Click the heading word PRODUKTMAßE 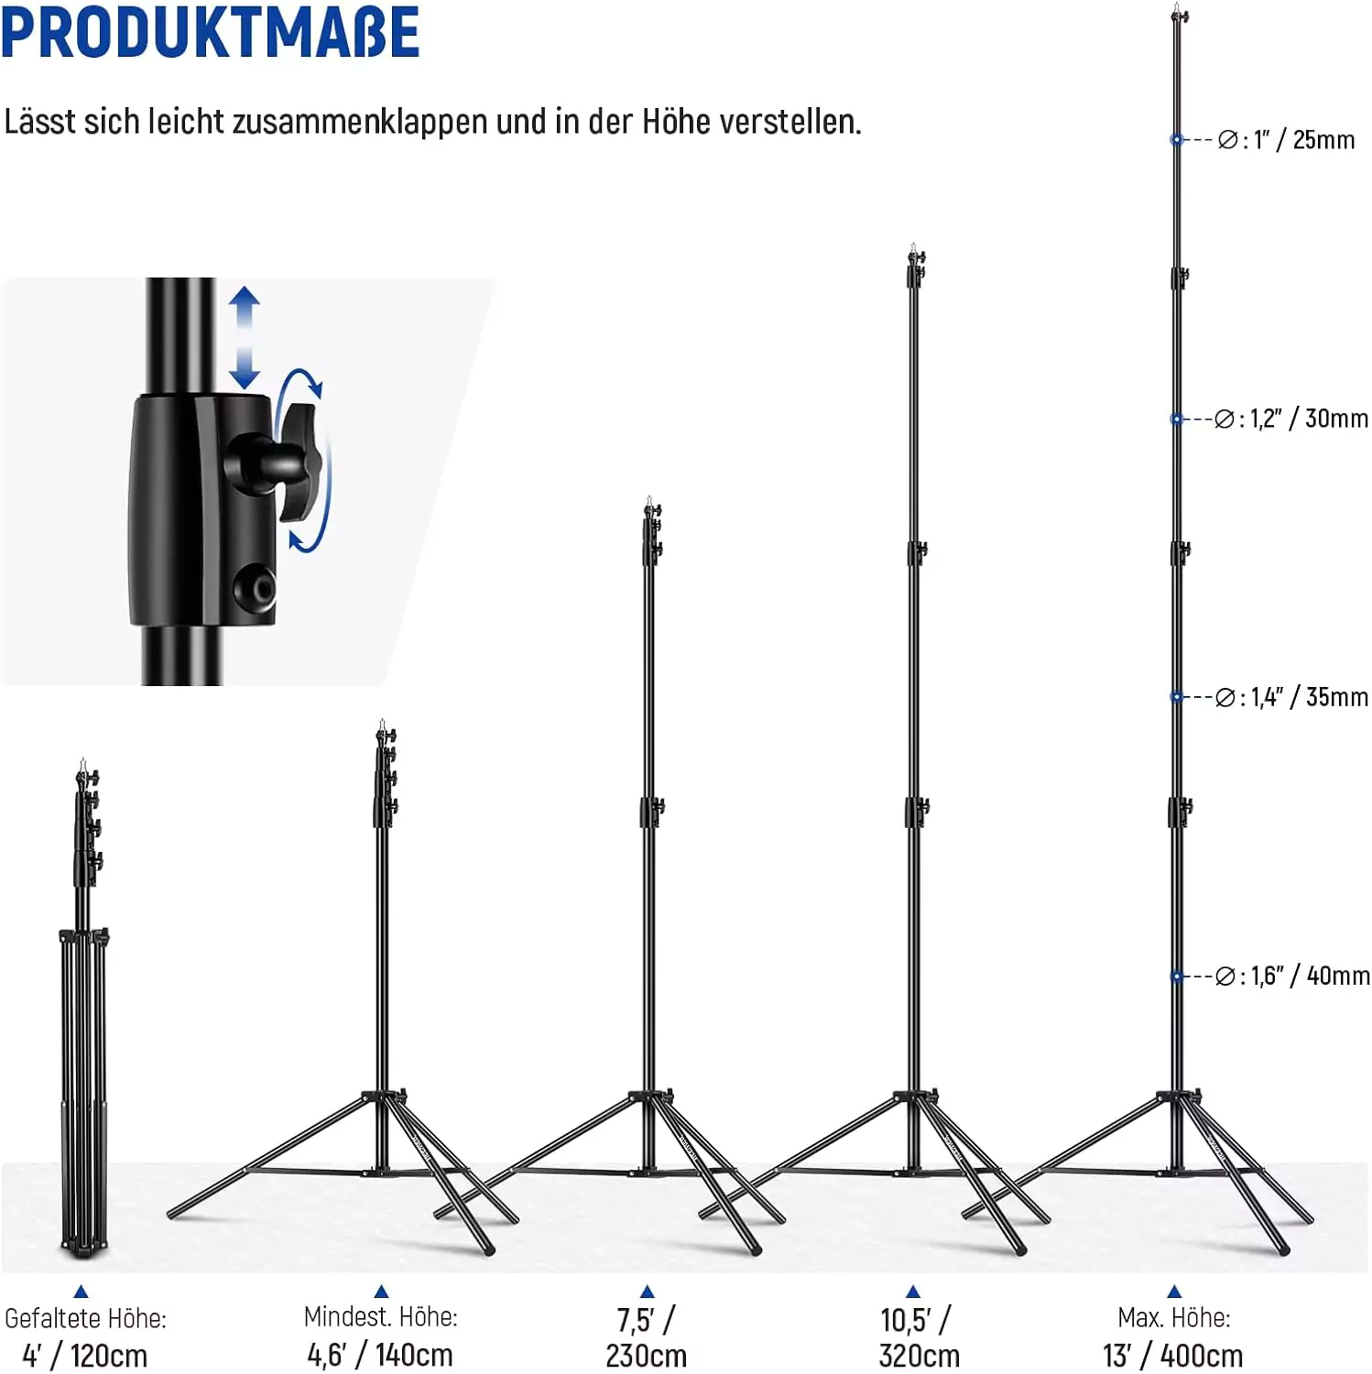210,33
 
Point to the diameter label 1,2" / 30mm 1309,419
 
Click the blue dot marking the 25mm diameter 1177,139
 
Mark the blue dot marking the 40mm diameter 1177,976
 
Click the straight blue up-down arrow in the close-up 244,337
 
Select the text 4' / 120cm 84,1355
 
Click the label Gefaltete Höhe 85,1318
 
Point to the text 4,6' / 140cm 380,1354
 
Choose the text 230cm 646,1356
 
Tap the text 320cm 919,1356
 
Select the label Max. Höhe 1173,1317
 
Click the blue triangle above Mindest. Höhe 381,1292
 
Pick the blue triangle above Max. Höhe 1174,1292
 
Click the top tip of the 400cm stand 1177,5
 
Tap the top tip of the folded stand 82,759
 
